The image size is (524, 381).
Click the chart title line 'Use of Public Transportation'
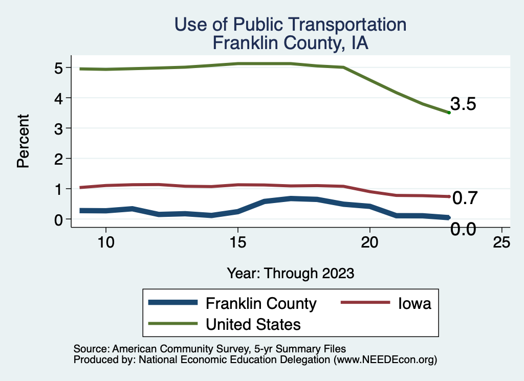(x=290, y=25)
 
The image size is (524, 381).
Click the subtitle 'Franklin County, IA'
(x=290, y=43)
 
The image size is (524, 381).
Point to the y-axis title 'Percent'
(x=23, y=141)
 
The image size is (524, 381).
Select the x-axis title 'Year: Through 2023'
(x=290, y=273)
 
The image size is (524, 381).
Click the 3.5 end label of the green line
(x=464, y=104)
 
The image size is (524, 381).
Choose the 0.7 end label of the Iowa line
(x=465, y=198)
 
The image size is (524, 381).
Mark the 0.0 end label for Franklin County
(x=464, y=230)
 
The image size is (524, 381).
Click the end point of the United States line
(x=449, y=113)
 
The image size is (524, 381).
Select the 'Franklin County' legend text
(x=261, y=304)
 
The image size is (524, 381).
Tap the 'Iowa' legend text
(x=414, y=304)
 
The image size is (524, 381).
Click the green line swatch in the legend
(x=173, y=324)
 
